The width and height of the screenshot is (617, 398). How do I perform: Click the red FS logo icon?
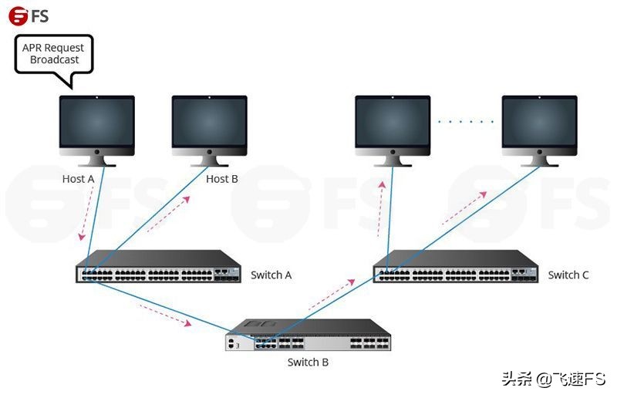(x=18, y=16)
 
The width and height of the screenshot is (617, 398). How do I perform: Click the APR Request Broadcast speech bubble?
(x=54, y=55)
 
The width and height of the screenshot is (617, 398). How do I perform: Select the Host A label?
(x=79, y=179)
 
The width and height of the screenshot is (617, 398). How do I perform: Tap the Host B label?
(x=222, y=179)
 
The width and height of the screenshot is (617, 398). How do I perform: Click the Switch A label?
(x=271, y=275)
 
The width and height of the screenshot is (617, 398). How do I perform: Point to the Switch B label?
(x=308, y=363)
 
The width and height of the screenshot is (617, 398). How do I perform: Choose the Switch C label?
(x=568, y=275)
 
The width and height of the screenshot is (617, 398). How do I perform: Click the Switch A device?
(x=158, y=267)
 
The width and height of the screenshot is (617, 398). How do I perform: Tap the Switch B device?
(x=308, y=335)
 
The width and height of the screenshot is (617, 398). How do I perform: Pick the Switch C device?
(x=456, y=267)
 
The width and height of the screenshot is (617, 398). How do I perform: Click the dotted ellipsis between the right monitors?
(x=466, y=122)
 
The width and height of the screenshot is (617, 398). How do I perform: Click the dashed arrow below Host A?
(x=87, y=213)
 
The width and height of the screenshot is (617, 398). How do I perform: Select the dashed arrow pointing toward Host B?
(x=169, y=214)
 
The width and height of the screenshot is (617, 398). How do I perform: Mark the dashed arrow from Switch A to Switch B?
(x=166, y=315)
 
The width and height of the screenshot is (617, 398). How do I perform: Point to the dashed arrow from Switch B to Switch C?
(x=332, y=295)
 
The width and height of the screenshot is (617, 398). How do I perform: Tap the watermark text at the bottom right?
(x=553, y=379)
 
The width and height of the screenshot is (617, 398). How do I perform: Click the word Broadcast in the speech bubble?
(x=54, y=60)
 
